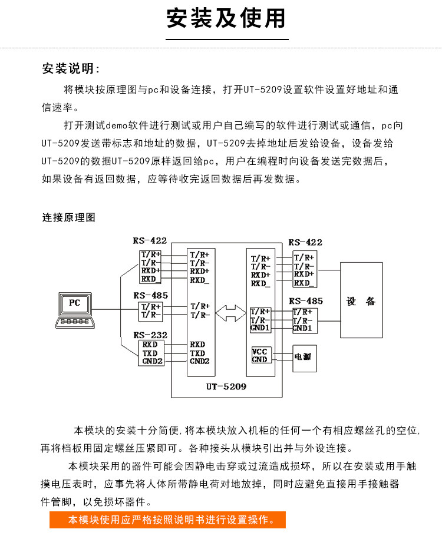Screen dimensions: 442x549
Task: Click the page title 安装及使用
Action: point(226,18)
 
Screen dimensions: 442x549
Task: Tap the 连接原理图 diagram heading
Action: point(68,217)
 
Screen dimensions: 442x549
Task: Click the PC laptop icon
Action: point(75,310)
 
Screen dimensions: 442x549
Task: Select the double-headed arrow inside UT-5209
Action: point(230,313)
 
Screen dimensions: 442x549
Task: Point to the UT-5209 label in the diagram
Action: point(226,386)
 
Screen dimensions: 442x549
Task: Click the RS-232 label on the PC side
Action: point(150,335)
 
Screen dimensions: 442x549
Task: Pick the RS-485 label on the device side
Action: point(306,301)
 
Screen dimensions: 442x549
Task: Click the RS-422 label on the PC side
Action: point(150,240)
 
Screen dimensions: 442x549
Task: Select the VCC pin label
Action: point(259,351)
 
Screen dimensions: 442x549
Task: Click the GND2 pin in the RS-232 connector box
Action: point(153,361)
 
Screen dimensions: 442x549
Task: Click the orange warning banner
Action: point(167,520)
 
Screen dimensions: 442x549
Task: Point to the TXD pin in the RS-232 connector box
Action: point(150,353)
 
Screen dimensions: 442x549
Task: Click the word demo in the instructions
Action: point(116,125)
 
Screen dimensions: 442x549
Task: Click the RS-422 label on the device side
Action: point(305,242)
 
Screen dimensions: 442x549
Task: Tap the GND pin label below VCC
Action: point(259,359)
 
